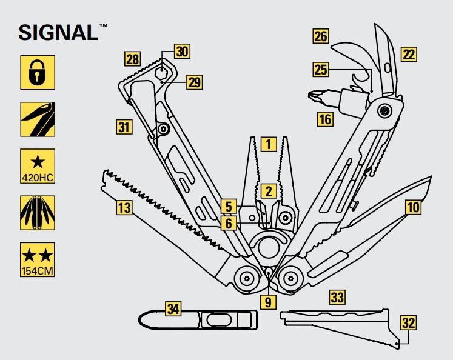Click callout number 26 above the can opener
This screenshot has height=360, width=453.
pos(321,37)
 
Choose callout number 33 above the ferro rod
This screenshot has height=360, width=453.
pos(338,297)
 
